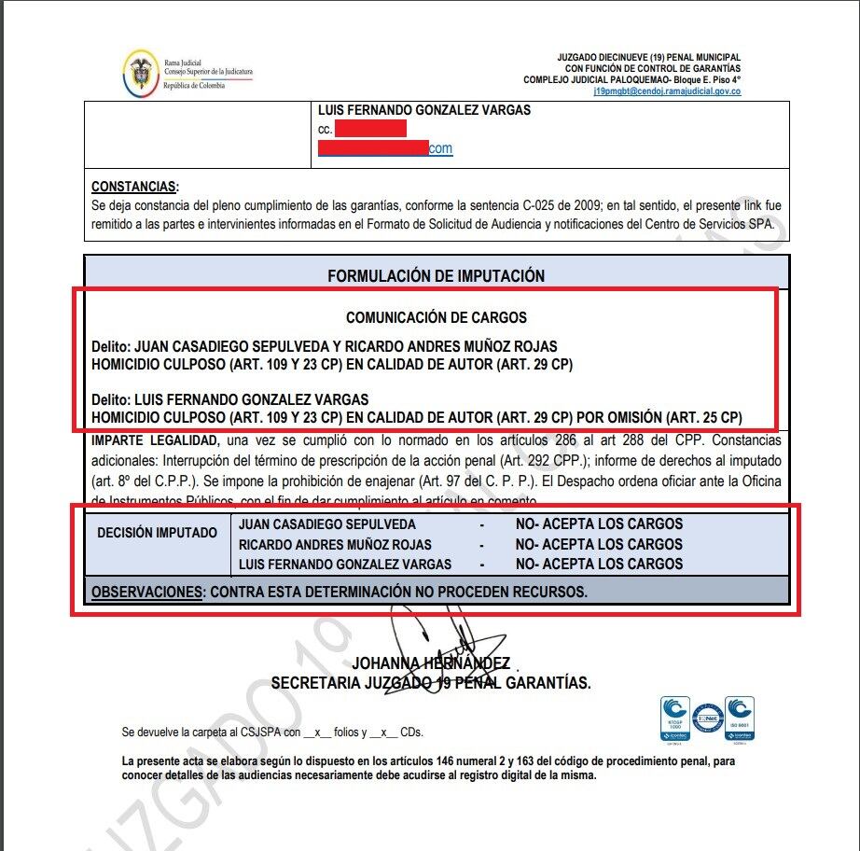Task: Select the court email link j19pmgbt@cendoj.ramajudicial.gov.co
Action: (x=667, y=91)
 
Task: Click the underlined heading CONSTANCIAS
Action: (x=134, y=188)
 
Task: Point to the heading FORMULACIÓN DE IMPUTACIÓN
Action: (x=436, y=276)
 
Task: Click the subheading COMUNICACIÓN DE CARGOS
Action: (x=436, y=317)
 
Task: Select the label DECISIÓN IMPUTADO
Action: (x=157, y=533)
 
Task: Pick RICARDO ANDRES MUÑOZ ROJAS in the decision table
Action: (x=335, y=544)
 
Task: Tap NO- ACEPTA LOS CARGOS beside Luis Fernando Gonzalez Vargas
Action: (x=599, y=564)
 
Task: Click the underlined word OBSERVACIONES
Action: (x=146, y=592)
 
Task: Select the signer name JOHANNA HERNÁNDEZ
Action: (x=430, y=663)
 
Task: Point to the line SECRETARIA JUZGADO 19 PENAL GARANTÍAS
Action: (x=430, y=683)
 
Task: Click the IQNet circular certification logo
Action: (x=707, y=717)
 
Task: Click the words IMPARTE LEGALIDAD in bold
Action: (x=155, y=439)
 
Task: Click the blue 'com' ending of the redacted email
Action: (x=440, y=148)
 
